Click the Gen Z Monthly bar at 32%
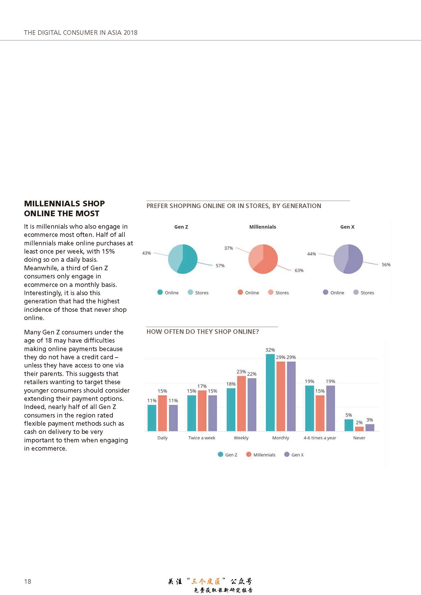point(270,392)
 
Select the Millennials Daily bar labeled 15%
point(162,413)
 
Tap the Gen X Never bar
point(370,427)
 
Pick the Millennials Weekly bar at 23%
point(241,403)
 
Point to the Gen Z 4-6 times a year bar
point(310,408)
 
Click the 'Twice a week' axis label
point(202,438)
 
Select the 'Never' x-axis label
point(359,438)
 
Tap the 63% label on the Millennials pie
point(299,271)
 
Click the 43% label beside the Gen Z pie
point(146,253)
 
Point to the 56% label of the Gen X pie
point(386,265)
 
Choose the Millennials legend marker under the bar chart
point(249,454)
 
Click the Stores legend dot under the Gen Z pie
point(191,292)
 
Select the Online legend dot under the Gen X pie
point(326,292)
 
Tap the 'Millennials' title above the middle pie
point(263,227)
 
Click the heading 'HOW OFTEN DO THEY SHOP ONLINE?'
point(203,332)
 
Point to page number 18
point(28,581)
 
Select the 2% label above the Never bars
point(359,423)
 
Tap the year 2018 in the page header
point(130,33)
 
